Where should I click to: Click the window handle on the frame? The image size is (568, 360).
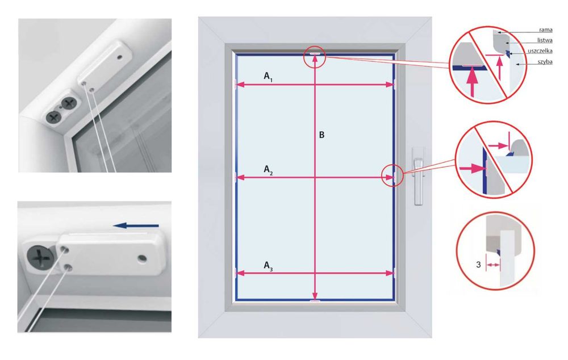click(419, 176)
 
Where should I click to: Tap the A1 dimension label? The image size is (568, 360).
click(268, 77)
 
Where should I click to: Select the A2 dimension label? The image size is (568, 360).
click(268, 170)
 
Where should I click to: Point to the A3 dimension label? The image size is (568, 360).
click(268, 266)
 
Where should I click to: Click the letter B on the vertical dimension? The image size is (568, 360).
click(321, 135)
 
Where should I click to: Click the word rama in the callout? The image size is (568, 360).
click(545, 30)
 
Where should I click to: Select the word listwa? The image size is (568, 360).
click(545, 40)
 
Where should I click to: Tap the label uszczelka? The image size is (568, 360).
click(540, 51)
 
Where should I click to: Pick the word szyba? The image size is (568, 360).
click(545, 62)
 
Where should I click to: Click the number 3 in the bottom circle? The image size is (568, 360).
click(478, 265)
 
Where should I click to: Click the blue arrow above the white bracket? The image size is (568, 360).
click(136, 225)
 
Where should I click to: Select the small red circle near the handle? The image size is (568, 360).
click(393, 175)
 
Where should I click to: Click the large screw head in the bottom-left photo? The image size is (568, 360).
click(40, 257)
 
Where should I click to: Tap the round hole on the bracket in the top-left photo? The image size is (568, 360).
click(120, 57)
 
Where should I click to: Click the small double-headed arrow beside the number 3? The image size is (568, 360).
click(492, 265)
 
